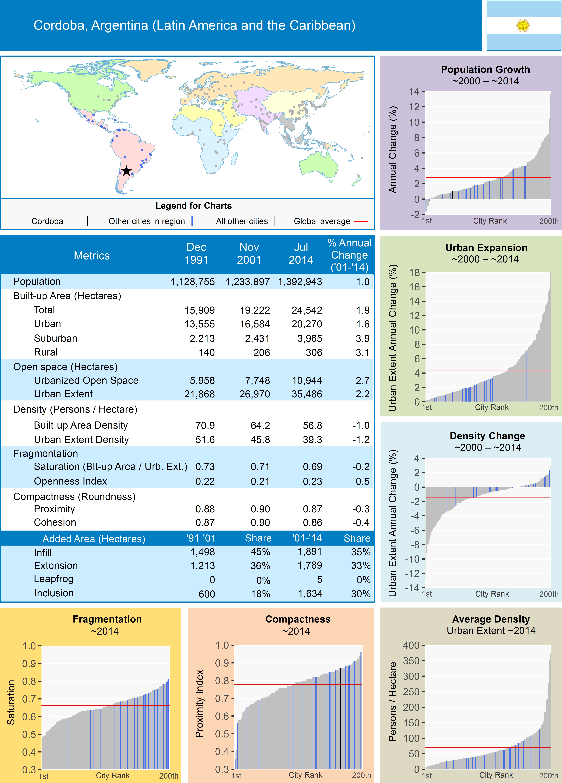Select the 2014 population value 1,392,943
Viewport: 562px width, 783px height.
point(300,282)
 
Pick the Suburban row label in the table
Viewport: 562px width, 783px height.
point(56,338)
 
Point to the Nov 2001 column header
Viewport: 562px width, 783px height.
point(249,253)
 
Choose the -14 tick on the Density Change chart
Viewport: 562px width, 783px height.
point(412,588)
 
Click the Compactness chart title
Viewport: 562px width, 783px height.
point(298,619)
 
